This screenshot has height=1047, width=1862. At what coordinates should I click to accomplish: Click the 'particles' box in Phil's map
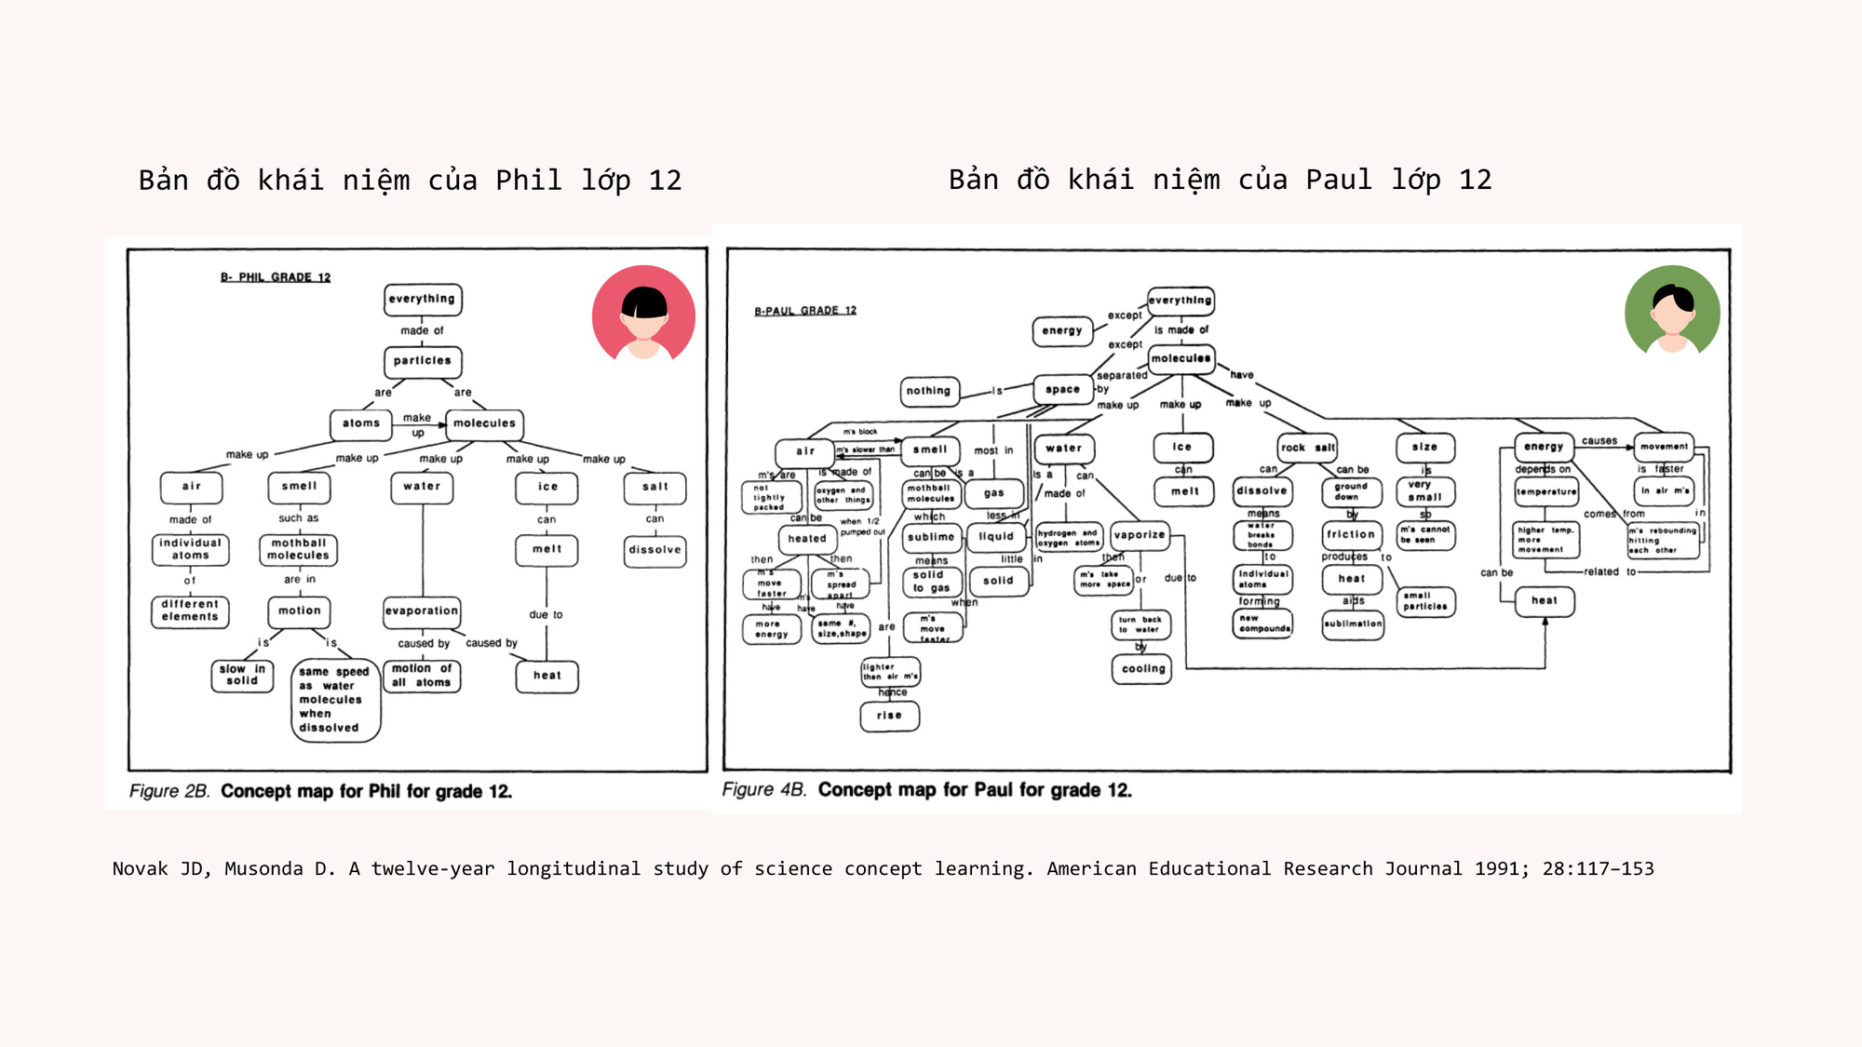pos(422,361)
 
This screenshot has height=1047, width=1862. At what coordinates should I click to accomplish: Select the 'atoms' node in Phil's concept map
pos(361,423)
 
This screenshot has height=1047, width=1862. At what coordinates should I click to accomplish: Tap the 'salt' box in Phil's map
pos(654,487)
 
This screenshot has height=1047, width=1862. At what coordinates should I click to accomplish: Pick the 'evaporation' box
pos(422,611)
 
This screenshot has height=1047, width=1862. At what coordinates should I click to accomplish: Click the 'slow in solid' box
pos(242,675)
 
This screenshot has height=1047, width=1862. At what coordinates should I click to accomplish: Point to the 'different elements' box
pos(190,611)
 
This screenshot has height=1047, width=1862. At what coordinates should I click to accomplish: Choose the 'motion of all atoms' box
pos(422,676)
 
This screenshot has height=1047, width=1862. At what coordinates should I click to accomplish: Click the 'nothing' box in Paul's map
pos(928,391)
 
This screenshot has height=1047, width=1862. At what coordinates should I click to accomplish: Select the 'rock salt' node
pos(1307,448)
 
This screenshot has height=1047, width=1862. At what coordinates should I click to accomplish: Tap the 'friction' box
pos(1351,535)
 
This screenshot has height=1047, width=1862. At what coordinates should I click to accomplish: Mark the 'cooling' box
pos(1143,669)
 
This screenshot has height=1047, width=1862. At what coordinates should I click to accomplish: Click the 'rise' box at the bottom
pos(889,716)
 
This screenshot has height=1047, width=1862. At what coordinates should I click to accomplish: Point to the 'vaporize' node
pos(1139,535)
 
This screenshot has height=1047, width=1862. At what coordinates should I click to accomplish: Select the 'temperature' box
pos(1545,491)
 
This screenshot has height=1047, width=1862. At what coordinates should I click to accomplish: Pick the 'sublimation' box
pos(1352,624)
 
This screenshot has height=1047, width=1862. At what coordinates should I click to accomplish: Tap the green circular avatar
pos(1672,311)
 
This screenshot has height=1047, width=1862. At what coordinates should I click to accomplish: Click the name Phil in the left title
pos(528,180)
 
